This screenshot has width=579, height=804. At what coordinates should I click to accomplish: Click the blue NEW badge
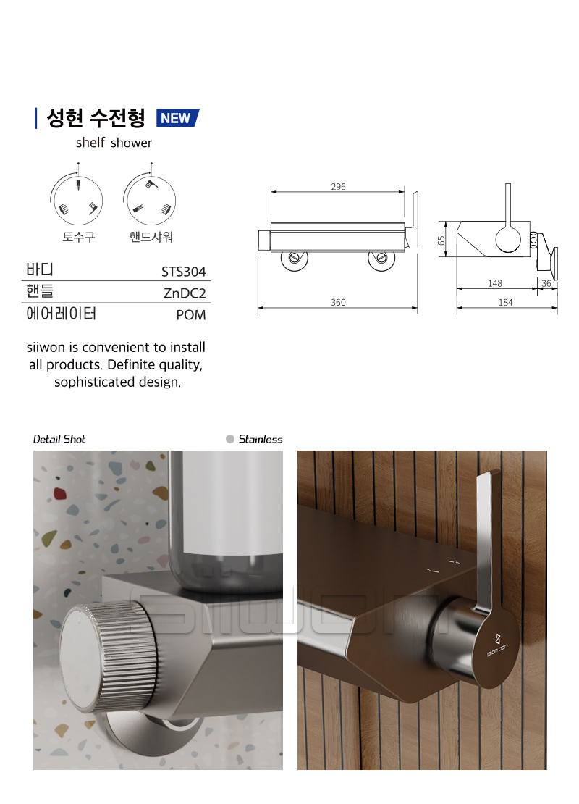click(177, 118)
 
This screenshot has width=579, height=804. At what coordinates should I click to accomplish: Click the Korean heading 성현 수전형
click(96, 119)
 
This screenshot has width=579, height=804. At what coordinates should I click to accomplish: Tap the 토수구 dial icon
click(78, 199)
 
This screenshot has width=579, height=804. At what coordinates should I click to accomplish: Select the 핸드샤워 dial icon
click(150, 199)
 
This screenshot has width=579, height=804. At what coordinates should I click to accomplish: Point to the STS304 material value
click(183, 271)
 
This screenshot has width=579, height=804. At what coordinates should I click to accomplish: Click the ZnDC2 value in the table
click(185, 293)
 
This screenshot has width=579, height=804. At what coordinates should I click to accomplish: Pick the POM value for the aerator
click(190, 315)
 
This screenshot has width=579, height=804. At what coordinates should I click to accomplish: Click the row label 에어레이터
click(61, 314)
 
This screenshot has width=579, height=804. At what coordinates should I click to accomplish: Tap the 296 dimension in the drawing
click(338, 187)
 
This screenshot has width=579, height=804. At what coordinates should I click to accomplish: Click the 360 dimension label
click(338, 303)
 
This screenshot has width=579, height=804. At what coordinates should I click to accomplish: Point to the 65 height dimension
click(441, 240)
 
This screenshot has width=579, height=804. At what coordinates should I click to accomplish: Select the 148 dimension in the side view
click(495, 283)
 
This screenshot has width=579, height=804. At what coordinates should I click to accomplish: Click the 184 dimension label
click(506, 303)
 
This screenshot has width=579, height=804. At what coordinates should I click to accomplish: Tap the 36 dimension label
click(546, 283)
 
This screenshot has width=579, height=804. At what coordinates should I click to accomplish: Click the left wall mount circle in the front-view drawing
click(295, 258)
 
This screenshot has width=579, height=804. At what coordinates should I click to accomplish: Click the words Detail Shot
click(59, 439)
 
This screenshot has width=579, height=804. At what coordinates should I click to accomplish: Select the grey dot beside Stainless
click(230, 439)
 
